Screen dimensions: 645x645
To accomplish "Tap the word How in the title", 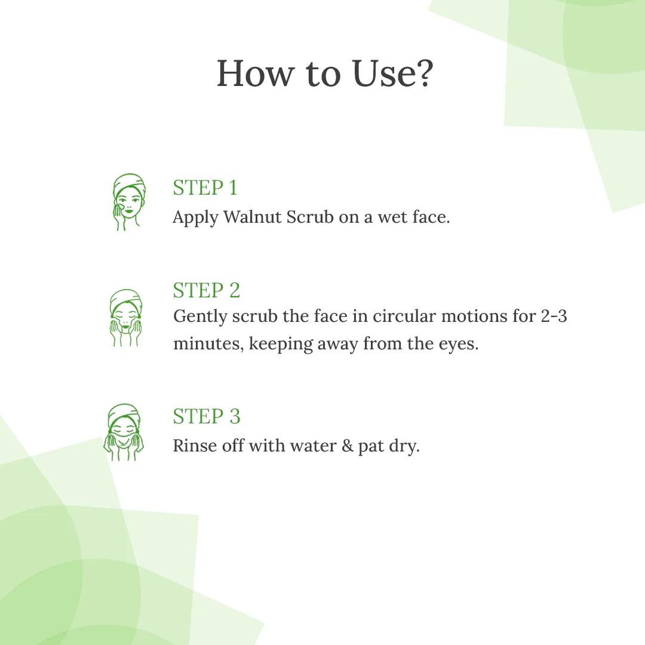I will click(x=256, y=74).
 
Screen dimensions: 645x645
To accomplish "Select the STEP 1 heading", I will click(x=205, y=188).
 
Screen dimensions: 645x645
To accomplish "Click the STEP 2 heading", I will click(x=206, y=290).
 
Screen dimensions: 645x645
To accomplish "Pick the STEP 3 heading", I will click(x=206, y=416).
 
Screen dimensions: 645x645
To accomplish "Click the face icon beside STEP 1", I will click(x=128, y=202).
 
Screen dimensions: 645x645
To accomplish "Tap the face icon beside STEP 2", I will click(x=125, y=318).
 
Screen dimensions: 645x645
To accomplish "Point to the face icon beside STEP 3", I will click(x=124, y=432).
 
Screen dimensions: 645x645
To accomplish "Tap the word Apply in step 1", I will click(x=195, y=217).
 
